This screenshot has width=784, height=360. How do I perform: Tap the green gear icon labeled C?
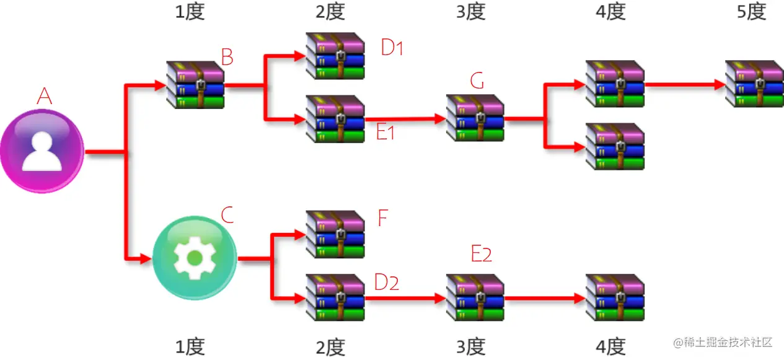coord(194,257)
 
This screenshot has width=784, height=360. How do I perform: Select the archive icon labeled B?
coord(196,85)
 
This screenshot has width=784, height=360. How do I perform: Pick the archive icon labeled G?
coord(475,118)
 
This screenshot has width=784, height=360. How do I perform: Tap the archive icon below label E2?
coord(475,298)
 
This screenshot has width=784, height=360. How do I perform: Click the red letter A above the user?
coord(44,96)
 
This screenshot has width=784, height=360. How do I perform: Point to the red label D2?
coord(387,282)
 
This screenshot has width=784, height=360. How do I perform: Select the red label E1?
coord(385,132)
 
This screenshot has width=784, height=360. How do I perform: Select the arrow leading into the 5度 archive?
coord(685,84)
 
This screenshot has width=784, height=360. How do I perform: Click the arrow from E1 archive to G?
coord(405,118)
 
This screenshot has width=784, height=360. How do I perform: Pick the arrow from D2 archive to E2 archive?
coord(405,298)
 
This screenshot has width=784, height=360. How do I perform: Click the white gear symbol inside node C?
coord(194,258)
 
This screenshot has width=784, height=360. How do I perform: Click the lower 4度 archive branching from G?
coord(615,147)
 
